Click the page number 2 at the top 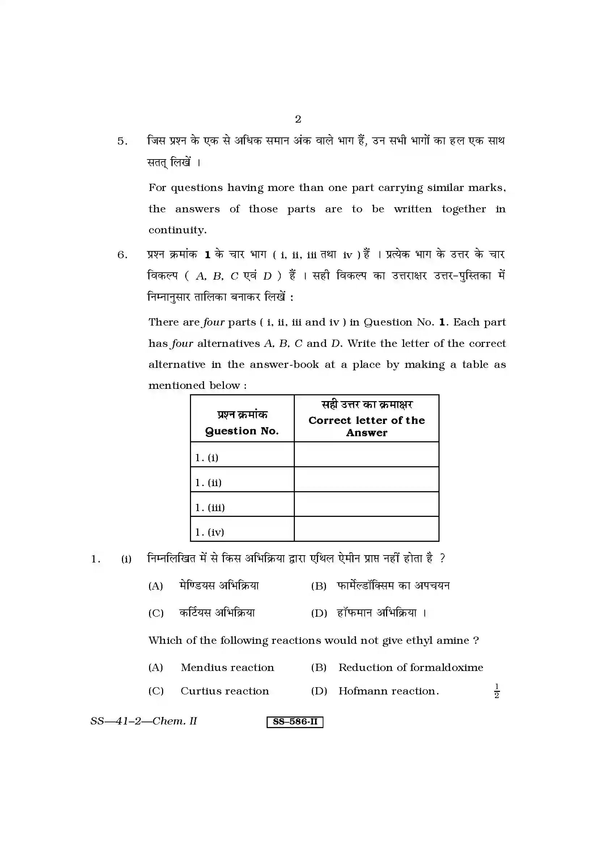(298, 119)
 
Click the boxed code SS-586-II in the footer (295, 722)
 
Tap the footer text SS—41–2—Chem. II (144, 721)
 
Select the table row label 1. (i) (207, 458)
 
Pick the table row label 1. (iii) (210, 507)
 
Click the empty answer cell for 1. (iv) (366, 529)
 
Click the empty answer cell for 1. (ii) (366, 479)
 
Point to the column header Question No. (242, 431)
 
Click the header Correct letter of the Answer (366, 426)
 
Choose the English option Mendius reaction (227, 668)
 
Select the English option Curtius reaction (225, 691)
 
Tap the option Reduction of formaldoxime (411, 668)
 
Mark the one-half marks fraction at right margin (496, 691)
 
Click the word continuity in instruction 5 (177, 230)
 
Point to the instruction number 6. (122, 255)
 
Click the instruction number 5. (122, 141)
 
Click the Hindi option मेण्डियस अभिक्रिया (219, 586)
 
